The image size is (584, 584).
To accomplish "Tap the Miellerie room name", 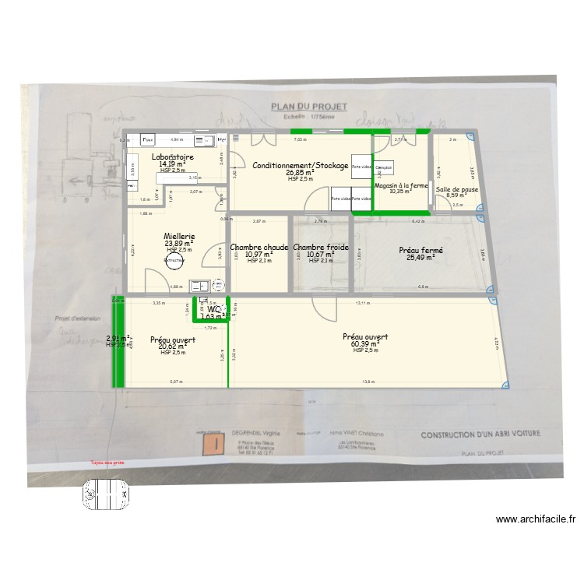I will [x=179, y=236].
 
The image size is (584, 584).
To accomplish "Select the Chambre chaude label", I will [x=259, y=248].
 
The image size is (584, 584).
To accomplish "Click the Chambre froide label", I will [x=320, y=248].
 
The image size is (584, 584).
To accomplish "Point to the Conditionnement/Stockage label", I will [x=300, y=166].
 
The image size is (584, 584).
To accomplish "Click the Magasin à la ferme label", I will [x=401, y=185].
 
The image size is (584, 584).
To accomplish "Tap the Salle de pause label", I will [x=457, y=189].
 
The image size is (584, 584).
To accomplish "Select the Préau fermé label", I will [x=420, y=251].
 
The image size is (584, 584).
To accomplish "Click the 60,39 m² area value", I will [x=364, y=343].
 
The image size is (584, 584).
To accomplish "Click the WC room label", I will [x=213, y=310].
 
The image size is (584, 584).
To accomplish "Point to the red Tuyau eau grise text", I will [x=107, y=462].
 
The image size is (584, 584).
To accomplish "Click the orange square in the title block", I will [x=211, y=445].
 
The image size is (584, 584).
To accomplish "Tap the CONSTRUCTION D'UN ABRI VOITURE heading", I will [x=480, y=435].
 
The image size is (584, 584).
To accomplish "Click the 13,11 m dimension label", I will [x=362, y=303].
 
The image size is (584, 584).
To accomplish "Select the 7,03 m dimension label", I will [x=299, y=139].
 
